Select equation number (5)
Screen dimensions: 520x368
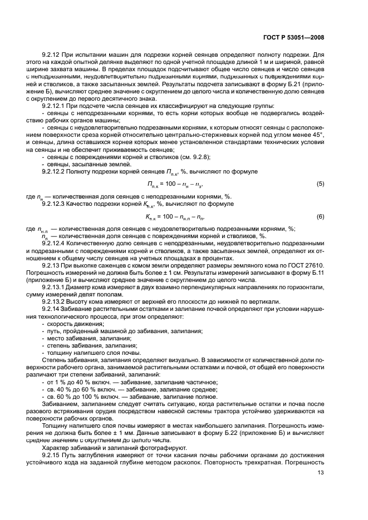[x=320, y=183]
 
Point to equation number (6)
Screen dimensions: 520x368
[x=320, y=216]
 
